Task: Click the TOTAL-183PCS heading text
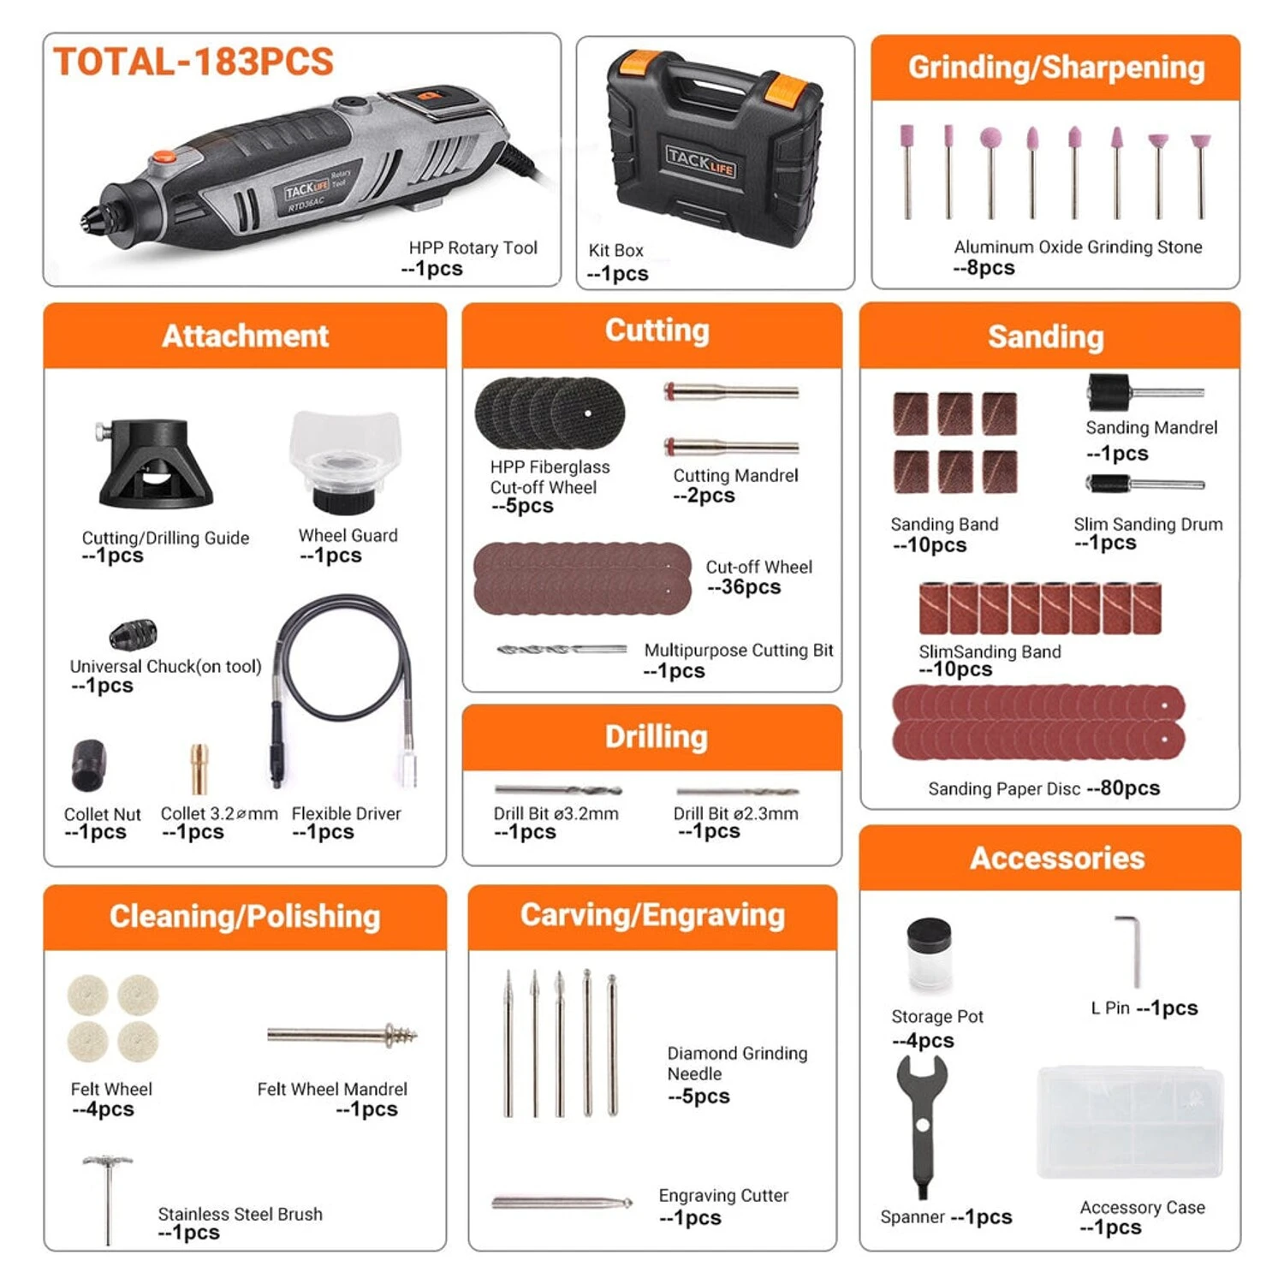click(x=193, y=62)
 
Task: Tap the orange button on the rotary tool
click(x=163, y=158)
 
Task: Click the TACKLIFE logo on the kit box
click(x=700, y=160)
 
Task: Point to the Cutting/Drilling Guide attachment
click(x=154, y=463)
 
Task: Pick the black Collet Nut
click(x=88, y=764)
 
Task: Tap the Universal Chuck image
click(x=133, y=634)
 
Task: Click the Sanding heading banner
click(x=1046, y=336)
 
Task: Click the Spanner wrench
click(x=922, y=1121)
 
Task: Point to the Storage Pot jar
click(x=929, y=955)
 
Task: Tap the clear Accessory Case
click(x=1130, y=1121)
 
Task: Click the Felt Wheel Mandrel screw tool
click(x=342, y=1035)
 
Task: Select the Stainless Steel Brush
click(x=108, y=1196)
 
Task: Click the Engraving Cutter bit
click(x=562, y=1203)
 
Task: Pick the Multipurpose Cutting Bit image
click(x=562, y=650)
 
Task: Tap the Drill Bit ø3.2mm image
click(x=557, y=789)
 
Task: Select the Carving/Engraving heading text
click(x=652, y=915)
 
